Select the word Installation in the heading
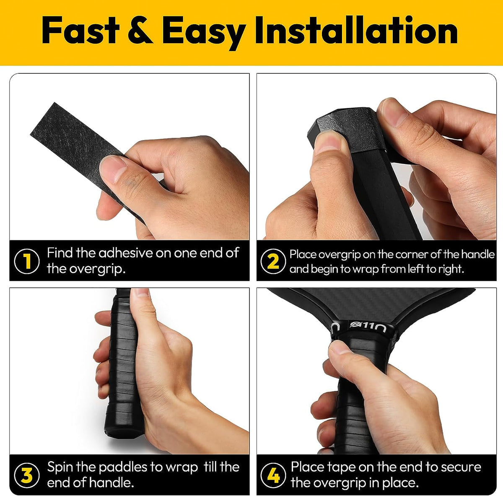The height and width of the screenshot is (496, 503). coord(356,31)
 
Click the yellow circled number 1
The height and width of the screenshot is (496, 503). coord(27,261)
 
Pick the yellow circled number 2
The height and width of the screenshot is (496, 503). coord(273,261)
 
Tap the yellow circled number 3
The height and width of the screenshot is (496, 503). coord(27,475)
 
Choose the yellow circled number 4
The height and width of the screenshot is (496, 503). coord(273,475)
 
